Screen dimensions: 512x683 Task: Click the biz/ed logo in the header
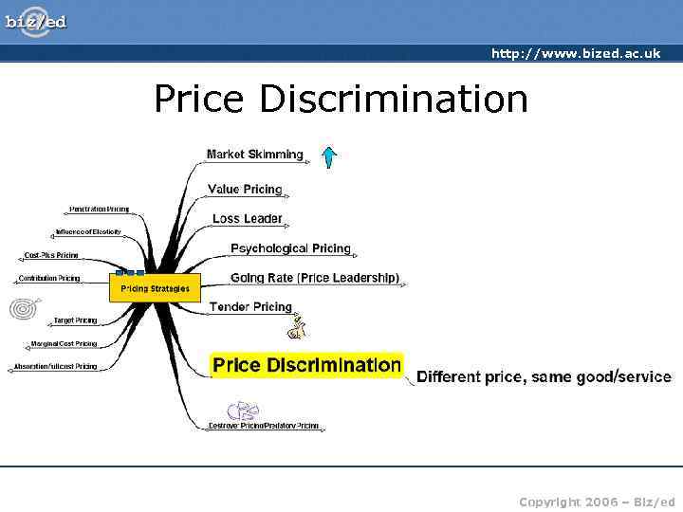(36, 21)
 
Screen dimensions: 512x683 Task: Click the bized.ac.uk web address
(575, 53)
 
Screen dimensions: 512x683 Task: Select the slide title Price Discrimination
(341, 99)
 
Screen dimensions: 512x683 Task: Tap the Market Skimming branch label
(255, 155)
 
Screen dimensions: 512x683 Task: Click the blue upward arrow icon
(329, 156)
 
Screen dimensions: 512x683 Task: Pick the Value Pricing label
(245, 189)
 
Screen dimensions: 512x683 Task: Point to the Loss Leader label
(247, 219)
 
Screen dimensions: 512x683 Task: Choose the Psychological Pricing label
(290, 248)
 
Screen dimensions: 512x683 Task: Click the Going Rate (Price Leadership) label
(315, 278)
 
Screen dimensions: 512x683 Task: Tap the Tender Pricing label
(250, 306)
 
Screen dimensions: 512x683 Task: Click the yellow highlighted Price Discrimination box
(306, 365)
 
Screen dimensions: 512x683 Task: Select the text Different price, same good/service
(544, 376)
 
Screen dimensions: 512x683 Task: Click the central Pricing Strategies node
(155, 288)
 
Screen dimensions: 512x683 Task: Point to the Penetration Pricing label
(99, 209)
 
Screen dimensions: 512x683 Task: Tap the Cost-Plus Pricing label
(51, 255)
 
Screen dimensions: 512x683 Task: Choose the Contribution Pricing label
(49, 279)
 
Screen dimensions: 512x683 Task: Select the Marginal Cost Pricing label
(63, 343)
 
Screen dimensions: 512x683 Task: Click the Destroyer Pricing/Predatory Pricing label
(264, 427)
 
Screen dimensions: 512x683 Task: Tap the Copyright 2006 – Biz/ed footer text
(597, 502)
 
